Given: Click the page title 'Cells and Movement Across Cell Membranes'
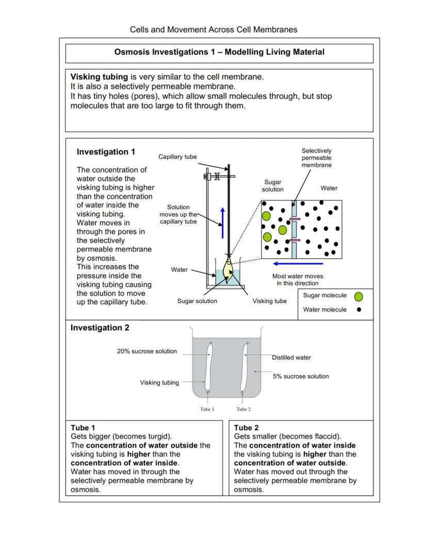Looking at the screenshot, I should pyautogui.click(x=213, y=29).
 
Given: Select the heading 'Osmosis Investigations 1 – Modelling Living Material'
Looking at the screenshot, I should pyautogui.click(x=219, y=52).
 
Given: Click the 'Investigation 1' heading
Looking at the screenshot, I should pyautogui.click(x=106, y=152).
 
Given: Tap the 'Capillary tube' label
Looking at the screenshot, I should pyautogui.click(x=177, y=157).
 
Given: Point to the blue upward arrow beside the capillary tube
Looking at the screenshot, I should pyautogui.click(x=223, y=223).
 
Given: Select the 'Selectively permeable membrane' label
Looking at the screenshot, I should pyautogui.click(x=317, y=158).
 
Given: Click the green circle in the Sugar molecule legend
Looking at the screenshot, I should pyautogui.click(x=358, y=296).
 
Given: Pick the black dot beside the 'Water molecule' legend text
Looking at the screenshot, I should pyautogui.click(x=358, y=310).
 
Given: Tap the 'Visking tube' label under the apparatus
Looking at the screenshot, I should pyautogui.click(x=269, y=301).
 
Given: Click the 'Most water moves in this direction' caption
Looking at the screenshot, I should pyautogui.click(x=298, y=279).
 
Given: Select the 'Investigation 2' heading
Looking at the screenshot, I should pyautogui.click(x=100, y=328).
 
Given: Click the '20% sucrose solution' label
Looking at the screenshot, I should pyautogui.click(x=146, y=352).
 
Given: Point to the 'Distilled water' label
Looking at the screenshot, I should pyautogui.click(x=291, y=358).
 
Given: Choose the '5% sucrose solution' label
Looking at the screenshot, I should pyautogui.click(x=301, y=376).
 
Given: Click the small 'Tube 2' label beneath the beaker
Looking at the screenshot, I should pyautogui.click(x=243, y=409).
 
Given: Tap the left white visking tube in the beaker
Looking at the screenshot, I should pyautogui.click(x=209, y=367).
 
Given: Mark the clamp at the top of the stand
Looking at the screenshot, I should pyautogui.click(x=212, y=176).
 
